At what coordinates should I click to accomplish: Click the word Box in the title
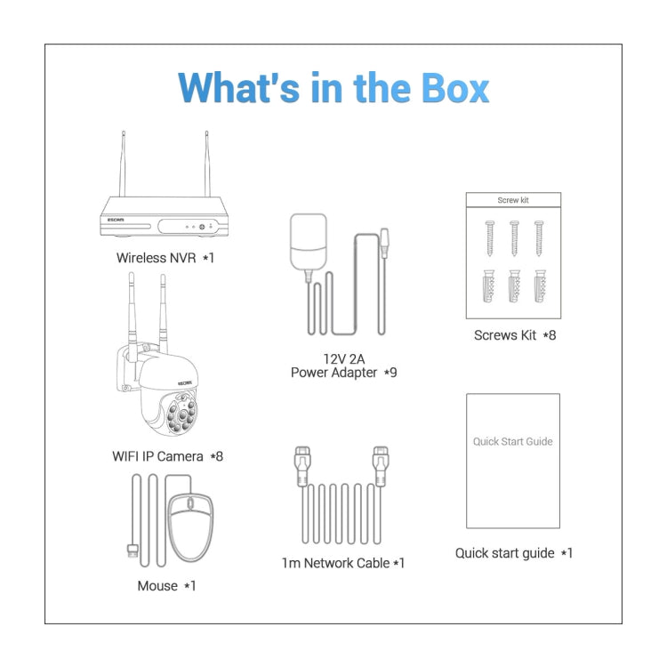click(x=454, y=88)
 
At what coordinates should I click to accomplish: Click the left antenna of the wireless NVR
click(x=123, y=164)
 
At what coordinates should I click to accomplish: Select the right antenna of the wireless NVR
click(x=207, y=164)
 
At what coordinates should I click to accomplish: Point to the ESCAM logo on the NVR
click(x=116, y=220)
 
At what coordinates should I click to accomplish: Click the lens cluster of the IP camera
click(x=182, y=414)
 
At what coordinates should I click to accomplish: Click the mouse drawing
click(x=191, y=526)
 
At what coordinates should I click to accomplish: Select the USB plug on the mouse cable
click(x=133, y=550)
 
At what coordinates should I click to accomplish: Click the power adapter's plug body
click(x=309, y=242)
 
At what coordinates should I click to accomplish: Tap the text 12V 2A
click(x=343, y=359)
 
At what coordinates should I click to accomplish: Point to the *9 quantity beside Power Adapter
click(x=390, y=373)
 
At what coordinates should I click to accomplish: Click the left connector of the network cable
click(x=302, y=466)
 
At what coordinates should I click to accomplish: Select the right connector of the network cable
click(x=381, y=466)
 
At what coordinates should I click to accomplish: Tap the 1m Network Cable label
click(x=343, y=563)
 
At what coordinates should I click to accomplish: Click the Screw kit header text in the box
click(x=513, y=200)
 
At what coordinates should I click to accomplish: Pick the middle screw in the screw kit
click(x=514, y=238)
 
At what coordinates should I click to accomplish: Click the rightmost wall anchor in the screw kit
click(x=540, y=286)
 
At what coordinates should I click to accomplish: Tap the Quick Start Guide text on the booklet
click(x=513, y=441)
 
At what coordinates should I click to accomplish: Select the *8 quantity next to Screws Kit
click(x=550, y=335)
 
